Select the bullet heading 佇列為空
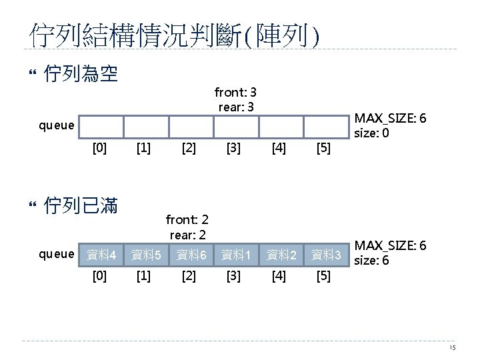pos(80,73)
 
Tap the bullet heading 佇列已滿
pos(80,207)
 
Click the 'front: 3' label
pos(235,92)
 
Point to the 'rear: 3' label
pos(235,106)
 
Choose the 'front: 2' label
pos(187,219)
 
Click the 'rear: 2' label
pos(187,234)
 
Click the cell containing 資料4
pos(101,255)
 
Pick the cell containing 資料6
pos(191,255)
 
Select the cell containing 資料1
pos(235,255)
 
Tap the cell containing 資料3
pos(326,255)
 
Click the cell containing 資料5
pos(145,255)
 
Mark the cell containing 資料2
pos(281,255)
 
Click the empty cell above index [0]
pos(101,126)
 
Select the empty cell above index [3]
pos(235,126)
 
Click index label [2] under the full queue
pos(189,275)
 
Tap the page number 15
pos(452,349)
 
